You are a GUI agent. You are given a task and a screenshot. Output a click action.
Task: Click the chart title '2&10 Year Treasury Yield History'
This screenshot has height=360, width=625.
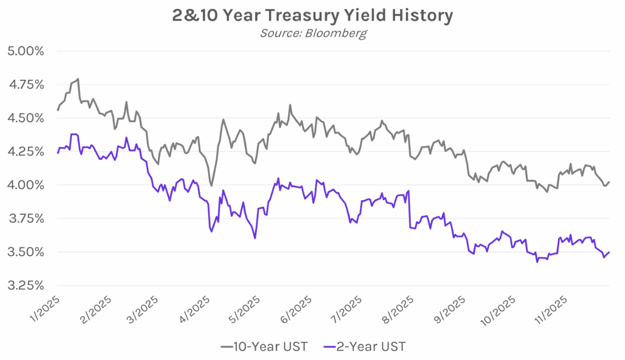pyautogui.click(x=312, y=15)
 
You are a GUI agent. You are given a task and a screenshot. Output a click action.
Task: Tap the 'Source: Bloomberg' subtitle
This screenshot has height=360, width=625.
pyautogui.click(x=312, y=33)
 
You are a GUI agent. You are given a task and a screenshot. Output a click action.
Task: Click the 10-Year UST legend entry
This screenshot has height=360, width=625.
pyautogui.click(x=264, y=347)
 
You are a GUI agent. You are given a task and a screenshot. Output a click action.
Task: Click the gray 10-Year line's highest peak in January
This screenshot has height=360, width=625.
pyautogui.click(x=78, y=79)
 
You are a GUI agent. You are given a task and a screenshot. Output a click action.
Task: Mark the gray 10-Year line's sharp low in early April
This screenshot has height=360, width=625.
pyautogui.click(x=211, y=185)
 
